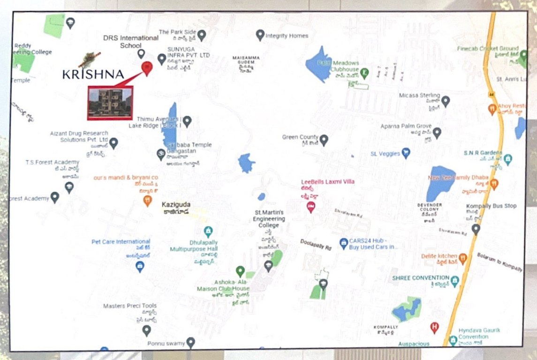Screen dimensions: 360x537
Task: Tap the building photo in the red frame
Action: [110, 102]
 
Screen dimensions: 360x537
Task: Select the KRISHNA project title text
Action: [93, 74]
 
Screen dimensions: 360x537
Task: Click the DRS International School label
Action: [131, 41]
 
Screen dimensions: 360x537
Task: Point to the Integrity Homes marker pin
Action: [260, 35]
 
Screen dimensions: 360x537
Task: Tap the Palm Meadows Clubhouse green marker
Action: [364, 72]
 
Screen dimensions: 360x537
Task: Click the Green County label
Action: [300, 137]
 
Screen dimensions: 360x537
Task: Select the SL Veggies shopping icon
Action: [406, 153]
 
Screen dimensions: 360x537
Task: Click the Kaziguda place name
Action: [175, 205]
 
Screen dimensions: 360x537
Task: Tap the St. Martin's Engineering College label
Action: [269, 219]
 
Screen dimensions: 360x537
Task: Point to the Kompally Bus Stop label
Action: [491, 206]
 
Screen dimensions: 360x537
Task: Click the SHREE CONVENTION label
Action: [420, 278]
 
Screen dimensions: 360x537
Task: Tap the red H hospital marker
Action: [434, 327]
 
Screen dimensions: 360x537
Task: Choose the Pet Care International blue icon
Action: [140, 267]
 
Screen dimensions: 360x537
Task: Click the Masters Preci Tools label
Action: [130, 306]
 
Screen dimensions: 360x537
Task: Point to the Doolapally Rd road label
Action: [316, 244]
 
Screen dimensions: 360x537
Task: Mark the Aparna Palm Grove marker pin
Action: [437, 133]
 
